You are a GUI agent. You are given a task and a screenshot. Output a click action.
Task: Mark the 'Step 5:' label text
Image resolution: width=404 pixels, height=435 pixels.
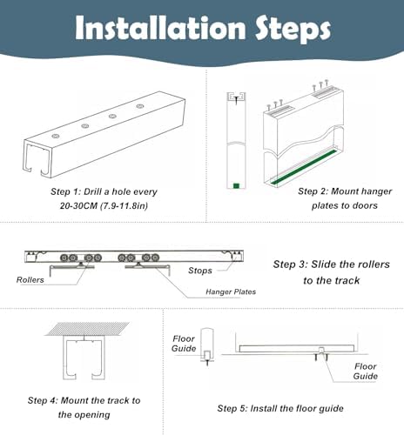pyautogui.click(x=233, y=408)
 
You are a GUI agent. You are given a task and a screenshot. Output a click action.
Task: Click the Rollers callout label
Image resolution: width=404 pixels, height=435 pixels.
pyautogui.click(x=30, y=280)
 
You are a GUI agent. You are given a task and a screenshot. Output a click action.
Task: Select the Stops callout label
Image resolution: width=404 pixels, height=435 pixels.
pyautogui.click(x=200, y=271)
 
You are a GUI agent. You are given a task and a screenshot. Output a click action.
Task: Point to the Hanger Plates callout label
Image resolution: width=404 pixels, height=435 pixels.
pyautogui.click(x=230, y=291)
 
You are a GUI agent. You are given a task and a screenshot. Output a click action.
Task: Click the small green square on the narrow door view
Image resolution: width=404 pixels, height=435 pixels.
pyautogui.click(x=235, y=184)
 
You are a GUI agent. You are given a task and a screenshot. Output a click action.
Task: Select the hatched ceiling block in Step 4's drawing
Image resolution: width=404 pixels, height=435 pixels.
pyautogui.click(x=88, y=334)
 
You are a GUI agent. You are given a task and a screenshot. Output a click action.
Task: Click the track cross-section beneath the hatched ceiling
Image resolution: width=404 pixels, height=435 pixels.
pyautogui.click(x=88, y=360)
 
